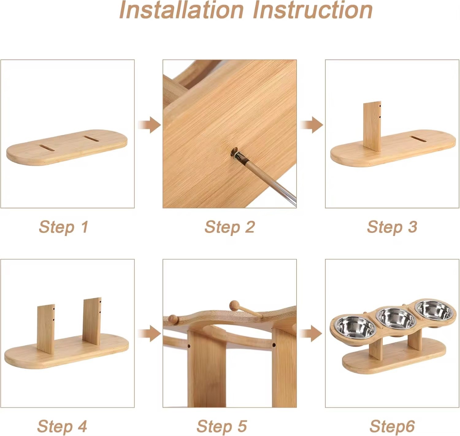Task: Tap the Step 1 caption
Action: (x=63, y=227)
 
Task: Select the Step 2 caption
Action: (x=229, y=227)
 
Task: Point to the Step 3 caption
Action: (x=392, y=227)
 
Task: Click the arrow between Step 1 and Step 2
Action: (x=149, y=125)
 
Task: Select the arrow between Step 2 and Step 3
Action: (x=312, y=125)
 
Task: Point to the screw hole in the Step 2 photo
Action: (x=234, y=152)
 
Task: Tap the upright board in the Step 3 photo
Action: (x=372, y=126)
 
